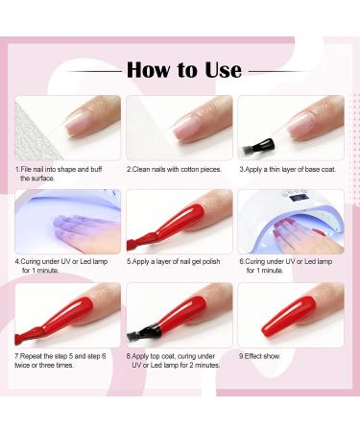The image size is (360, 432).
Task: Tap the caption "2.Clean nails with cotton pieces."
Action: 179,169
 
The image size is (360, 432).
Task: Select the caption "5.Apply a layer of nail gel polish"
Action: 179,260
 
